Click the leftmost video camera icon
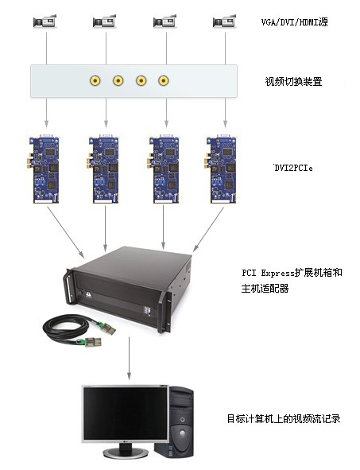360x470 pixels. pos(45,21)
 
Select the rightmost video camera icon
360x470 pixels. pos(224,21)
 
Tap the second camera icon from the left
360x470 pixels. pos(105,21)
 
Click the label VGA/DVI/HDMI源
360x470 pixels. pos(294,22)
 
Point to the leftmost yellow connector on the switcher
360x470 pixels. pos(95,80)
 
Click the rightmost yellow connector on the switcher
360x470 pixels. pos(163,80)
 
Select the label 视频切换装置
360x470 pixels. pos(293,82)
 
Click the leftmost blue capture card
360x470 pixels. pos(44,169)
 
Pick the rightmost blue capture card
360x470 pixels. pos(221,169)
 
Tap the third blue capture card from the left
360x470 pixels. pos(164,169)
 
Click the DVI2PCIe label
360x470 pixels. pos(293,168)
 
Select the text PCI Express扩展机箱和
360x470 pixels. pos(292,273)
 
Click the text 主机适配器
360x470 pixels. pos(265,289)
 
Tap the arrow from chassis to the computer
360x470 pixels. pos(129,358)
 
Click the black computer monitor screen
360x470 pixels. pos(125,414)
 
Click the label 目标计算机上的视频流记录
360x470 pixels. pos(284,419)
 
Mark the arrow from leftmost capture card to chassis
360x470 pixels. pos(66,232)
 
